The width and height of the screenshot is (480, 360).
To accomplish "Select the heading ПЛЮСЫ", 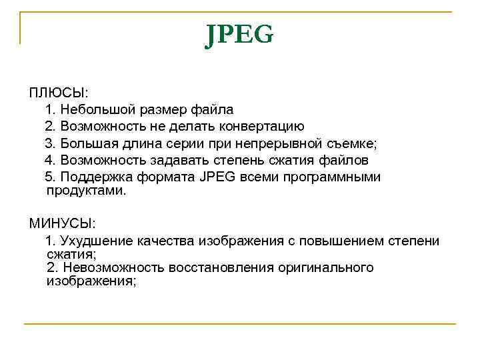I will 58,91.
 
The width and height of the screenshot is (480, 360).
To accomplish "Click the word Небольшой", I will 99,108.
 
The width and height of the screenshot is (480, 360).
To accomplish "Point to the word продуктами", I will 86,190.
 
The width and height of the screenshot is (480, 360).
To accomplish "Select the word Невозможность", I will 113,267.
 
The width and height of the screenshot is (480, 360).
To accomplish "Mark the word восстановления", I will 219,267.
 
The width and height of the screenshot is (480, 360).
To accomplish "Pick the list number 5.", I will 49,177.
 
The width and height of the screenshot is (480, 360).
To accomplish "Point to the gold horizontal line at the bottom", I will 239,324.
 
